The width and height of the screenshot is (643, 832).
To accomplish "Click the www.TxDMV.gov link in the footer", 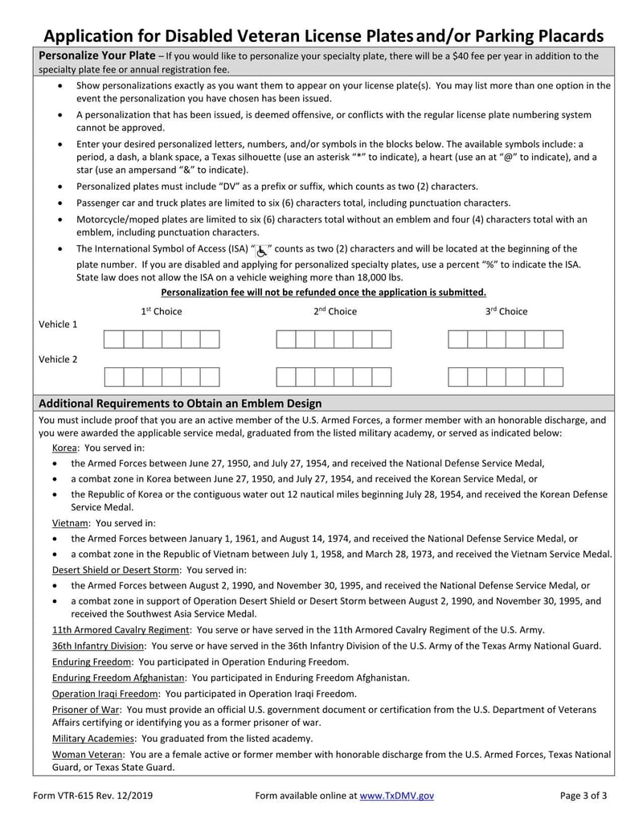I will pos(396,796).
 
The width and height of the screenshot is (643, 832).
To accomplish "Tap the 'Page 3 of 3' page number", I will pos(584,796).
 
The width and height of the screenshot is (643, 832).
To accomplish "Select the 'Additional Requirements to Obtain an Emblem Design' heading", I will pos(180,404).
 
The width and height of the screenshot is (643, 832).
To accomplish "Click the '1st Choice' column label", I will pos(162,311).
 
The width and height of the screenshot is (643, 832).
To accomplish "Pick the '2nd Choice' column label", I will pos(334,311).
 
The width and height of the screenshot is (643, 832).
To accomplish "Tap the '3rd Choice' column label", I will pos(506,311).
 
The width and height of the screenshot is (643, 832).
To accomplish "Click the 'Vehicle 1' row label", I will pos(58,325).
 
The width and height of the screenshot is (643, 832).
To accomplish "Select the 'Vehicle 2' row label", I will pos(58,359).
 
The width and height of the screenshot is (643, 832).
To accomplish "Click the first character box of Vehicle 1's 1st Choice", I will pos(113,339).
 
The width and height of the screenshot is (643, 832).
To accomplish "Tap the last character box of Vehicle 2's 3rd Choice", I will pos(554,377).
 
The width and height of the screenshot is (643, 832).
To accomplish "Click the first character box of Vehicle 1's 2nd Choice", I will pos(285,339).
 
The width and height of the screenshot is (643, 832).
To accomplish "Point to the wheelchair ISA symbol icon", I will pos(262,250).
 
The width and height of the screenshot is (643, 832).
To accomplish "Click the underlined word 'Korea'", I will pos(65,448).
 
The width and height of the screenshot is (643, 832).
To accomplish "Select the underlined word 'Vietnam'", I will pos(71,523).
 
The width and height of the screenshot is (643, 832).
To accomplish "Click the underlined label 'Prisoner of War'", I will pos(86,709).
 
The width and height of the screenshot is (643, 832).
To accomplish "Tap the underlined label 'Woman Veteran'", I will pos(88,755).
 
